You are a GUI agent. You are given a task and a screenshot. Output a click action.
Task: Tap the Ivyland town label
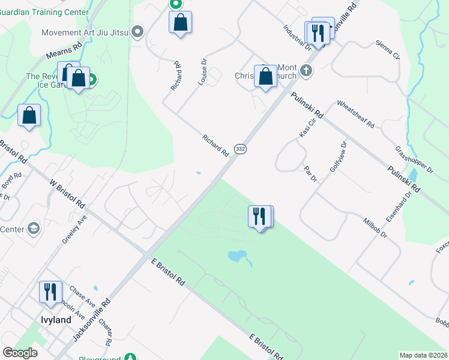pyautogui.click(x=56, y=320)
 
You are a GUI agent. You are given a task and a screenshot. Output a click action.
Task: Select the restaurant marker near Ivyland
pyautogui.click(x=50, y=292)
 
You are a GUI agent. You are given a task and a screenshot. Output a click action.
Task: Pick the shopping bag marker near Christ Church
pyautogui.click(x=265, y=77)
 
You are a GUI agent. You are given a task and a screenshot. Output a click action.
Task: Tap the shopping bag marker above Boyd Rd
pyautogui.click(x=29, y=116)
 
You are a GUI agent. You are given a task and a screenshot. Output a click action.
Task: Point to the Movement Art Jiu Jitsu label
pyautogui.click(x=85, y=31)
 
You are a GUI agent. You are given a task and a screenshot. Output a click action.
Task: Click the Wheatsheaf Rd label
pyautogui.click(x=355, y=114)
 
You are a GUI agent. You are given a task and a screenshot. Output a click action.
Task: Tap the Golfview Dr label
pyautogui.click(x=339, y=157)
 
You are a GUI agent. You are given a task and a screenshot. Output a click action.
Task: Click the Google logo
pyautogui.click(x=20, y=353)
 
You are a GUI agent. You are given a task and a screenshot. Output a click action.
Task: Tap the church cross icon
pyautogui.click(x=306, y=71)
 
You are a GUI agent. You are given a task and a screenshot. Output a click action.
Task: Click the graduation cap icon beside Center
pyautogui.click(x=34, y=229)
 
